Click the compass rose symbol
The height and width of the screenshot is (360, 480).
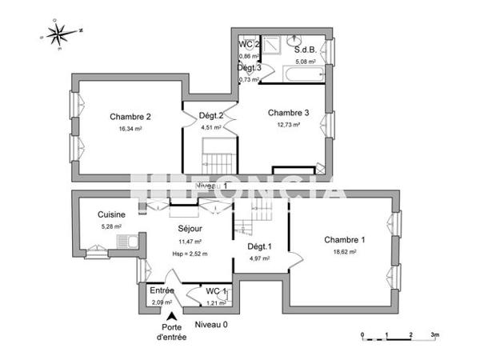click(58, 34)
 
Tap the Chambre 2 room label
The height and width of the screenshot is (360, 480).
click(130, 116)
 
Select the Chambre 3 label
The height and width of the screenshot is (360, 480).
click(288, 113)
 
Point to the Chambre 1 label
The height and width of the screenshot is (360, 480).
click(345, 239)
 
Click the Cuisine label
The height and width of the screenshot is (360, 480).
click(110, 214)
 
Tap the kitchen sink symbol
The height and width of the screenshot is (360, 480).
click(126, 242)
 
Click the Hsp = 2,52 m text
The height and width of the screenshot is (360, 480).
click(190, 254)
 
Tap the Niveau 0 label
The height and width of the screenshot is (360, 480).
click(211, 324)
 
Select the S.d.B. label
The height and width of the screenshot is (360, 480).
click(306, 49)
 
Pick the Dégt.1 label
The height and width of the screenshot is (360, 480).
click(259, 246)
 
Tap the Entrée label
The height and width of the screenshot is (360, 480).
click(162, 290)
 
